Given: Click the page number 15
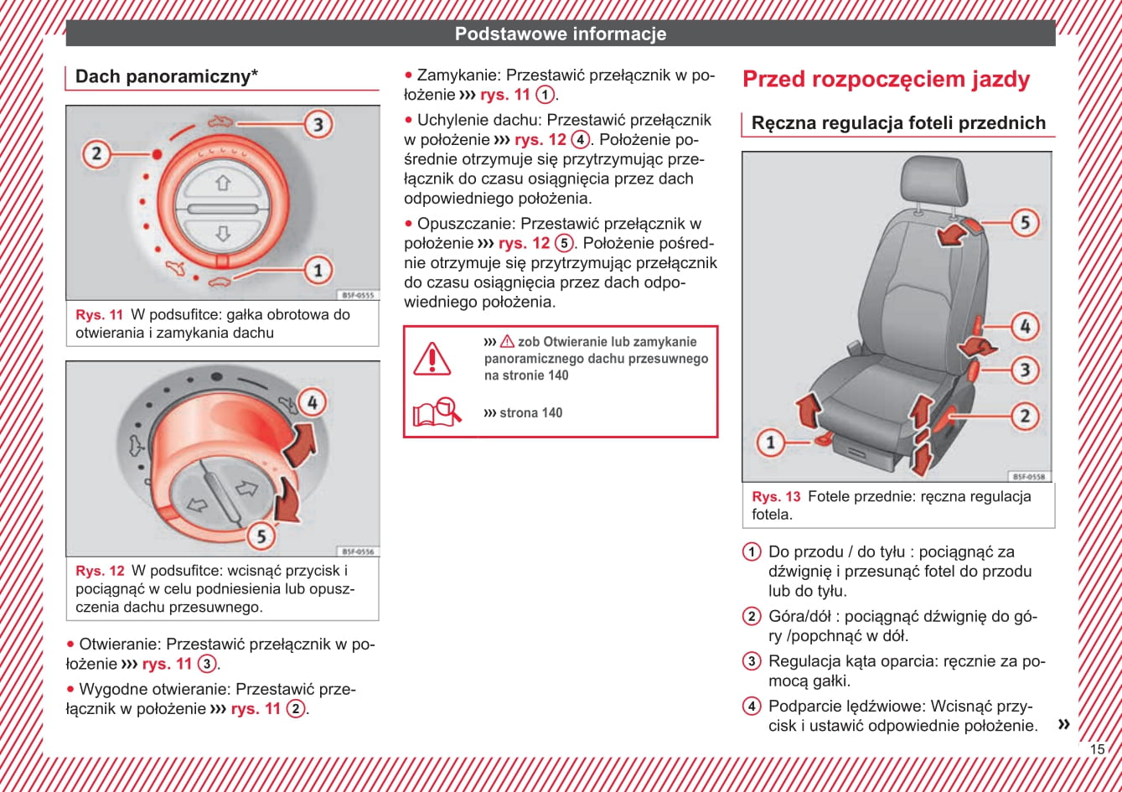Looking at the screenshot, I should click(1097, 749).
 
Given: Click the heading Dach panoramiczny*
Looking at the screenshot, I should click(167, 77).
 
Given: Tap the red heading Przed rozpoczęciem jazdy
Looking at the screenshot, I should click(886, 80).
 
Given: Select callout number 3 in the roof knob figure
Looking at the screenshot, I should click(318, 125).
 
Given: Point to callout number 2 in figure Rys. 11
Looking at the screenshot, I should click(96, 153).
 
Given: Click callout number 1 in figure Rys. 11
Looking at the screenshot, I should click(318, 270).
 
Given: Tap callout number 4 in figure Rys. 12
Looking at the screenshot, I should click(312, 402).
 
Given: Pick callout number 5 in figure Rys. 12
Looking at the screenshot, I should click(261, 536).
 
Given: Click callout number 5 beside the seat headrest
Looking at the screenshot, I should click(1024, 222).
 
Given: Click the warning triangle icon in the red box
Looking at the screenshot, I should click(432, 358).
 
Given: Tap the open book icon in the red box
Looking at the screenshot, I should click(437, 412).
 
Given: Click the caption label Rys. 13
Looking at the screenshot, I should click(776, 497).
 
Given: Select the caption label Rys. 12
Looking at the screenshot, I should click(100, 572).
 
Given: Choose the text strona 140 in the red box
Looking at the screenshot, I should click(530, 412).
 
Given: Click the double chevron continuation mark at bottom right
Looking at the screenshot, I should click(1063, 723).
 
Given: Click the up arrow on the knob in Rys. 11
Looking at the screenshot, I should click(222, 183).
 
